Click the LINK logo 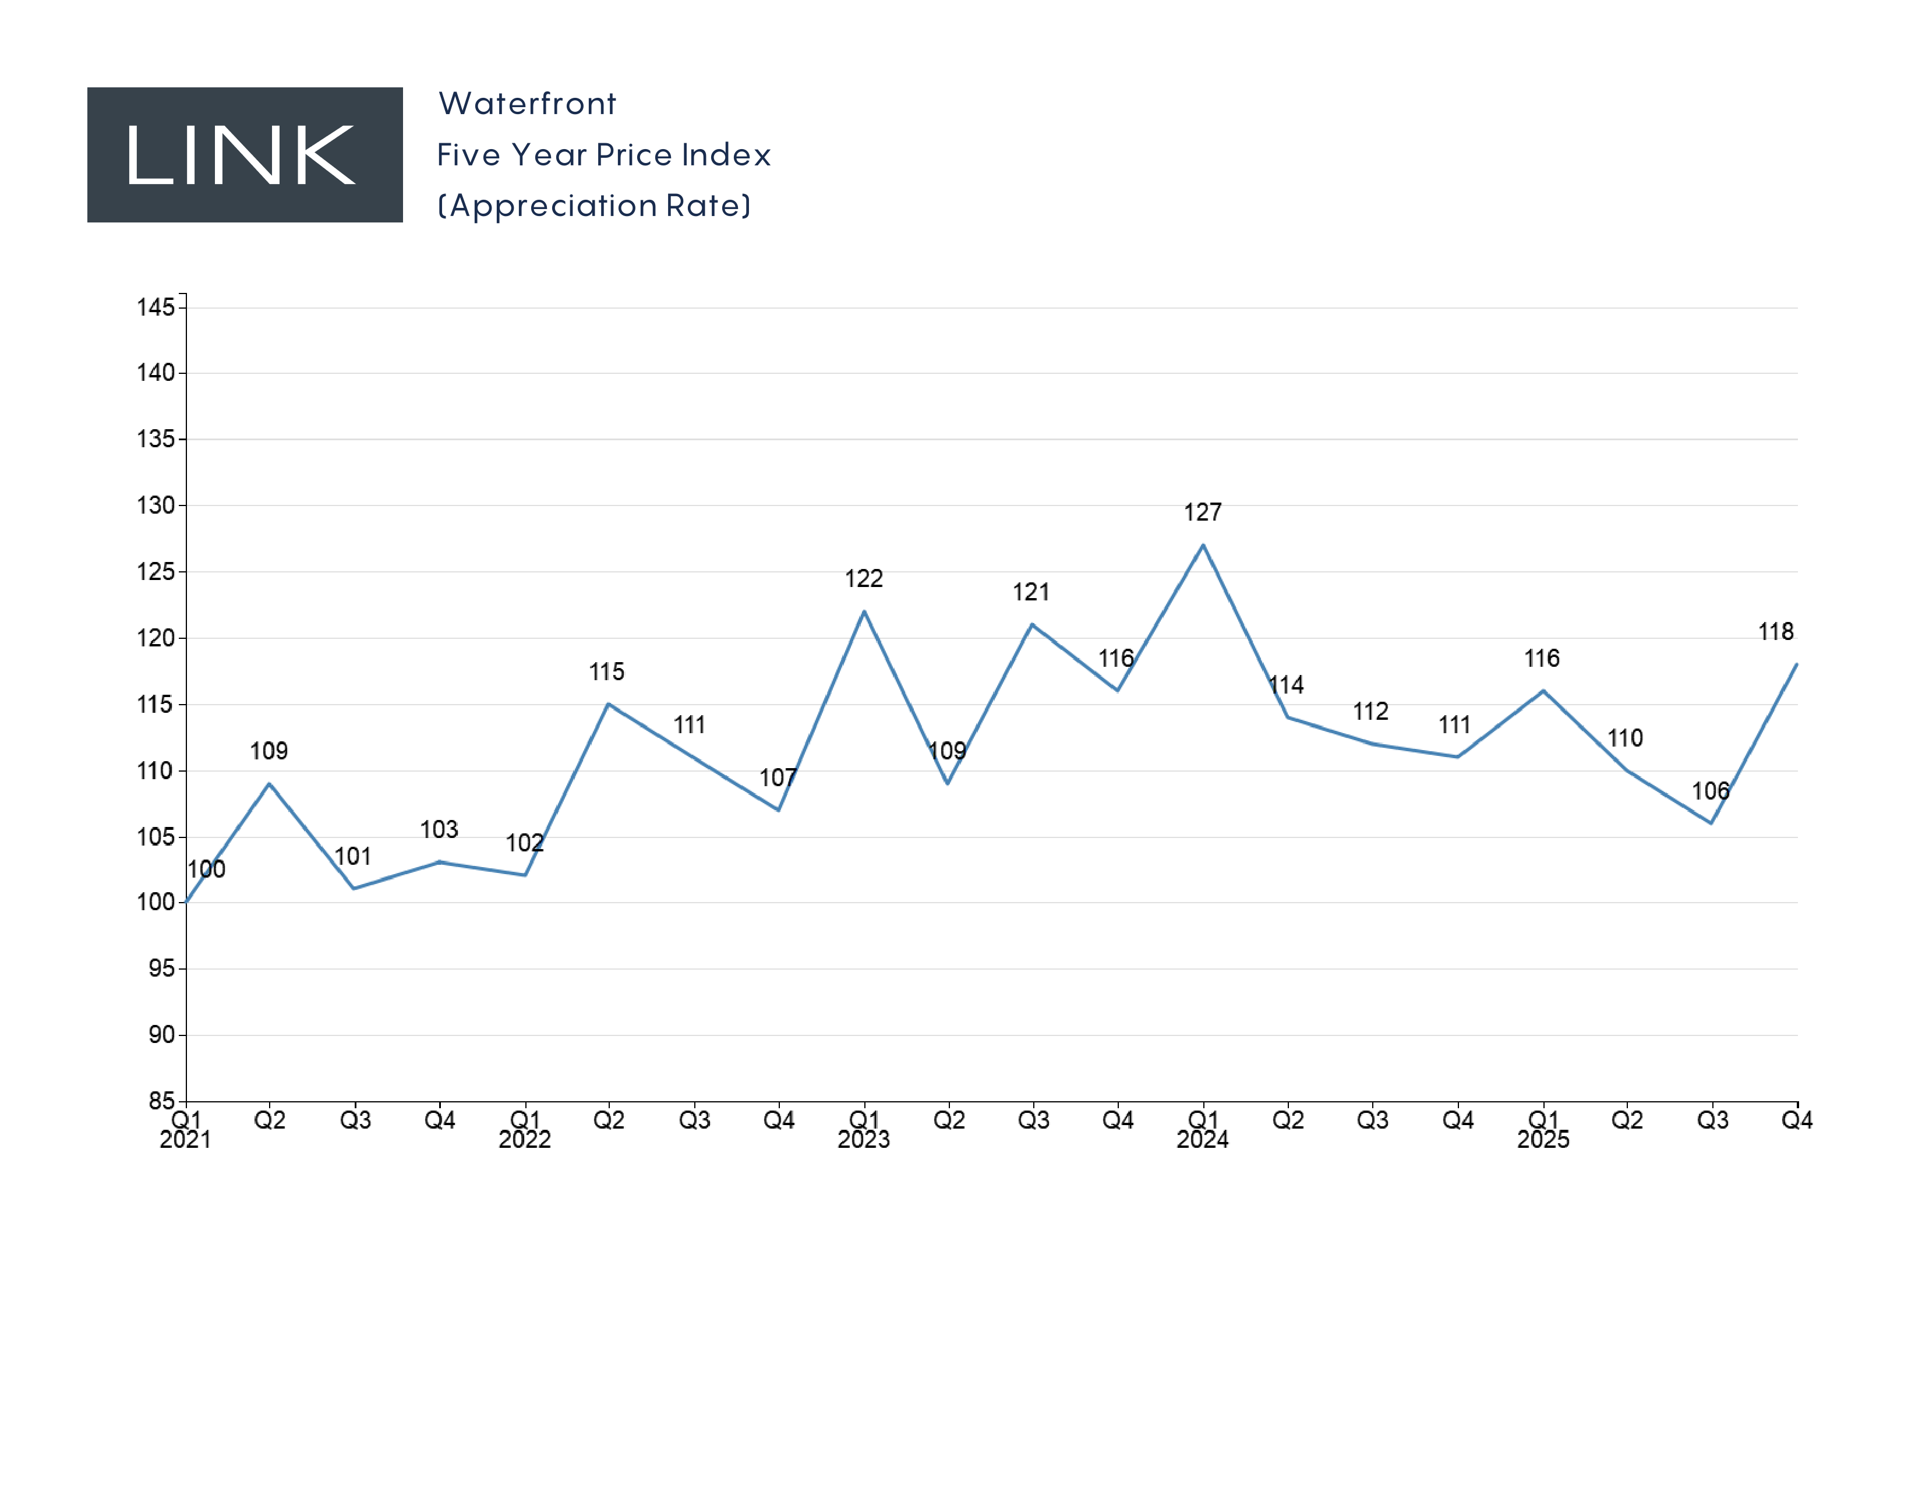pos(245,155)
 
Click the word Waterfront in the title pos(527,104)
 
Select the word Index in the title pos(726,155)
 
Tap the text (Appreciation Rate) pos(594,206)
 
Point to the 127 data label pos(1202,512)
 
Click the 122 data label pos(863,578)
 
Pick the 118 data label pos(1775,632)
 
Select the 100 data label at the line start pos(207,869)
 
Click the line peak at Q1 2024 pos(1203,546)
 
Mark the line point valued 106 pos(1711,822)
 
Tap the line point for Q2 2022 pos(608,704)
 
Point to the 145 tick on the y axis pos(156,307)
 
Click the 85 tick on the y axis pos(162,1101)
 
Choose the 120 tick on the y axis pos(156,638)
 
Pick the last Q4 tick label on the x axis pos(1796,1120)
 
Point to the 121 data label pos(1030,592)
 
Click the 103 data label pos(439,830)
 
